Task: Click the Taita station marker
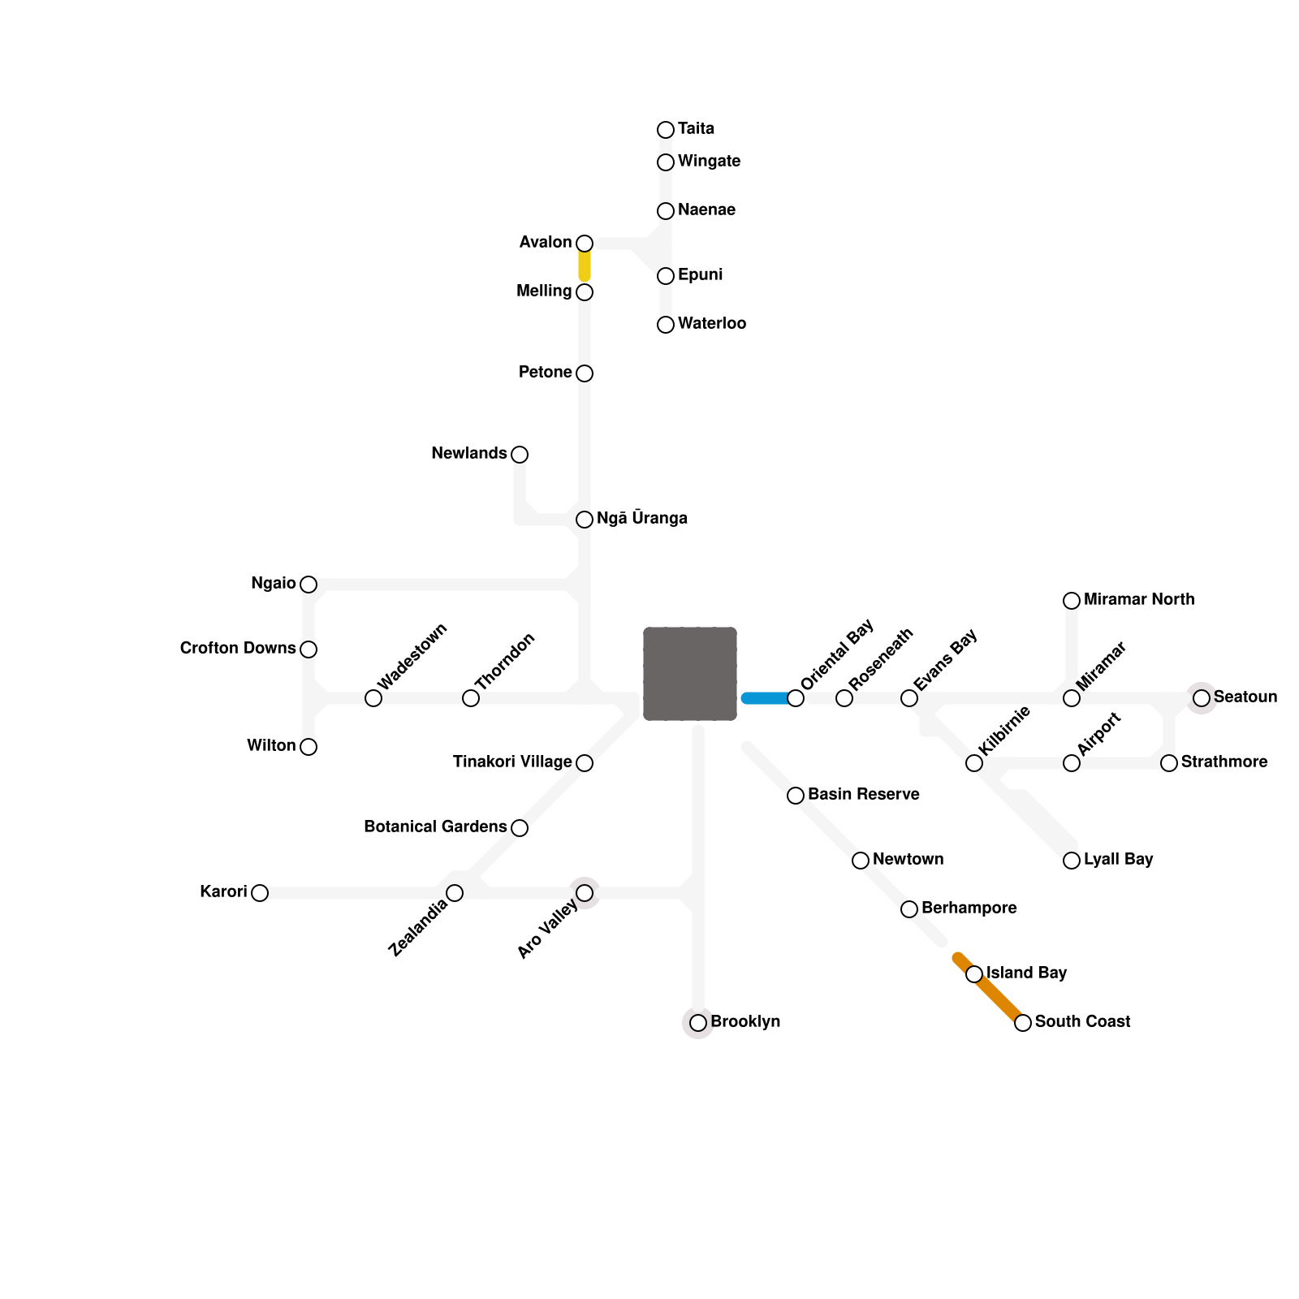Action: (x=666, y=130)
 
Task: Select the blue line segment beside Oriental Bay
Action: (x=766, y=698)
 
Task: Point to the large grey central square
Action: (x=690, y=674)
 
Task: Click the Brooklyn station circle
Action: (x=698, y=1023)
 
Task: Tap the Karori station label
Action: (x=223, y=892)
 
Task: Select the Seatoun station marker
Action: (x=1202, y=698)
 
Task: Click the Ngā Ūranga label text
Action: (x=642, y=519)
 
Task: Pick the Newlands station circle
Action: (x=520, y=455)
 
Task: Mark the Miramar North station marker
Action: (x=1072, y=601)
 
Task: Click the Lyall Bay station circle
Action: (x=1072, y=861)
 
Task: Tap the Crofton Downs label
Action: (x=238, y=649)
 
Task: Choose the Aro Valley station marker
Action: (x=585, y=893)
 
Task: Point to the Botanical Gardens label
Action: (x=435, y=827)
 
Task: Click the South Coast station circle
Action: (x=1023, y=1023)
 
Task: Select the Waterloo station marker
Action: (x=666, y=325)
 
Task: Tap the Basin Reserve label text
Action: (x=864, y=795)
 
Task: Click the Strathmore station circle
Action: (x=1169, y=763)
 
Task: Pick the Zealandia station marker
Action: (x=455, y=893)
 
